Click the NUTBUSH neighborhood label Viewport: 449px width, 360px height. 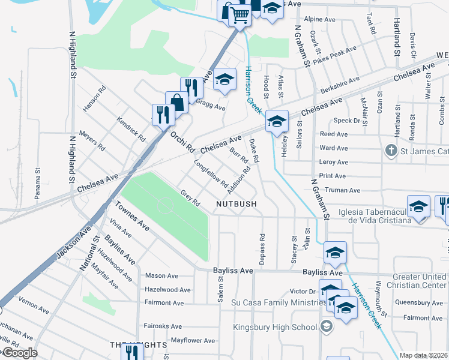click(x=237, y=204)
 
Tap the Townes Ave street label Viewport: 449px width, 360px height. click(x=133, y=217)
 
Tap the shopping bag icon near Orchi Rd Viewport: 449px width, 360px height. click(x=176, y=102)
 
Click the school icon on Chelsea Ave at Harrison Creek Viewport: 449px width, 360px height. click(x=277, y=121)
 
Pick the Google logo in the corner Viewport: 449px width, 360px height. click(x=20, y=353)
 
